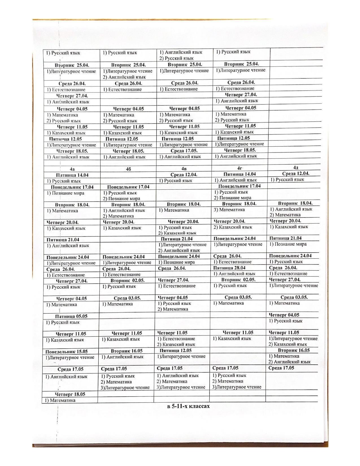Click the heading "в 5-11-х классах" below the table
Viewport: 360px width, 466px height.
click(189, 406)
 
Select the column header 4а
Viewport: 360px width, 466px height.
click(72, 169)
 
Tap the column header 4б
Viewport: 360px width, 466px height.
click(128, 169)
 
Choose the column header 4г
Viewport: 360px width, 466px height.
click(240, 168)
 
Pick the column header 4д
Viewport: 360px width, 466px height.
click(296, 167)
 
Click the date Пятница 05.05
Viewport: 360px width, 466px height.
click(71, 316)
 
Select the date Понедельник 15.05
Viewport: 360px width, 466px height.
click(67, 352)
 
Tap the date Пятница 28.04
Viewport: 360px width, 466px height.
click(229, 268)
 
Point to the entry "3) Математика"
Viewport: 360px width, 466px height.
click(229, 210)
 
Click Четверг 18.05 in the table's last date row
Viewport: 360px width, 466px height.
click(70, 394)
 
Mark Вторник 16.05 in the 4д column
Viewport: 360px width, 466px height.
click(294, 350)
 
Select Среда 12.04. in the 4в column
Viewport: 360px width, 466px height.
click(184, 175)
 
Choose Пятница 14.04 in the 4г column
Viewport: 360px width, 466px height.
click(239, 174)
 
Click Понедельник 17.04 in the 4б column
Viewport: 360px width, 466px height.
click(128, 187)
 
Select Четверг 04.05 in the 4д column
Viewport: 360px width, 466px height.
click(284, 315)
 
